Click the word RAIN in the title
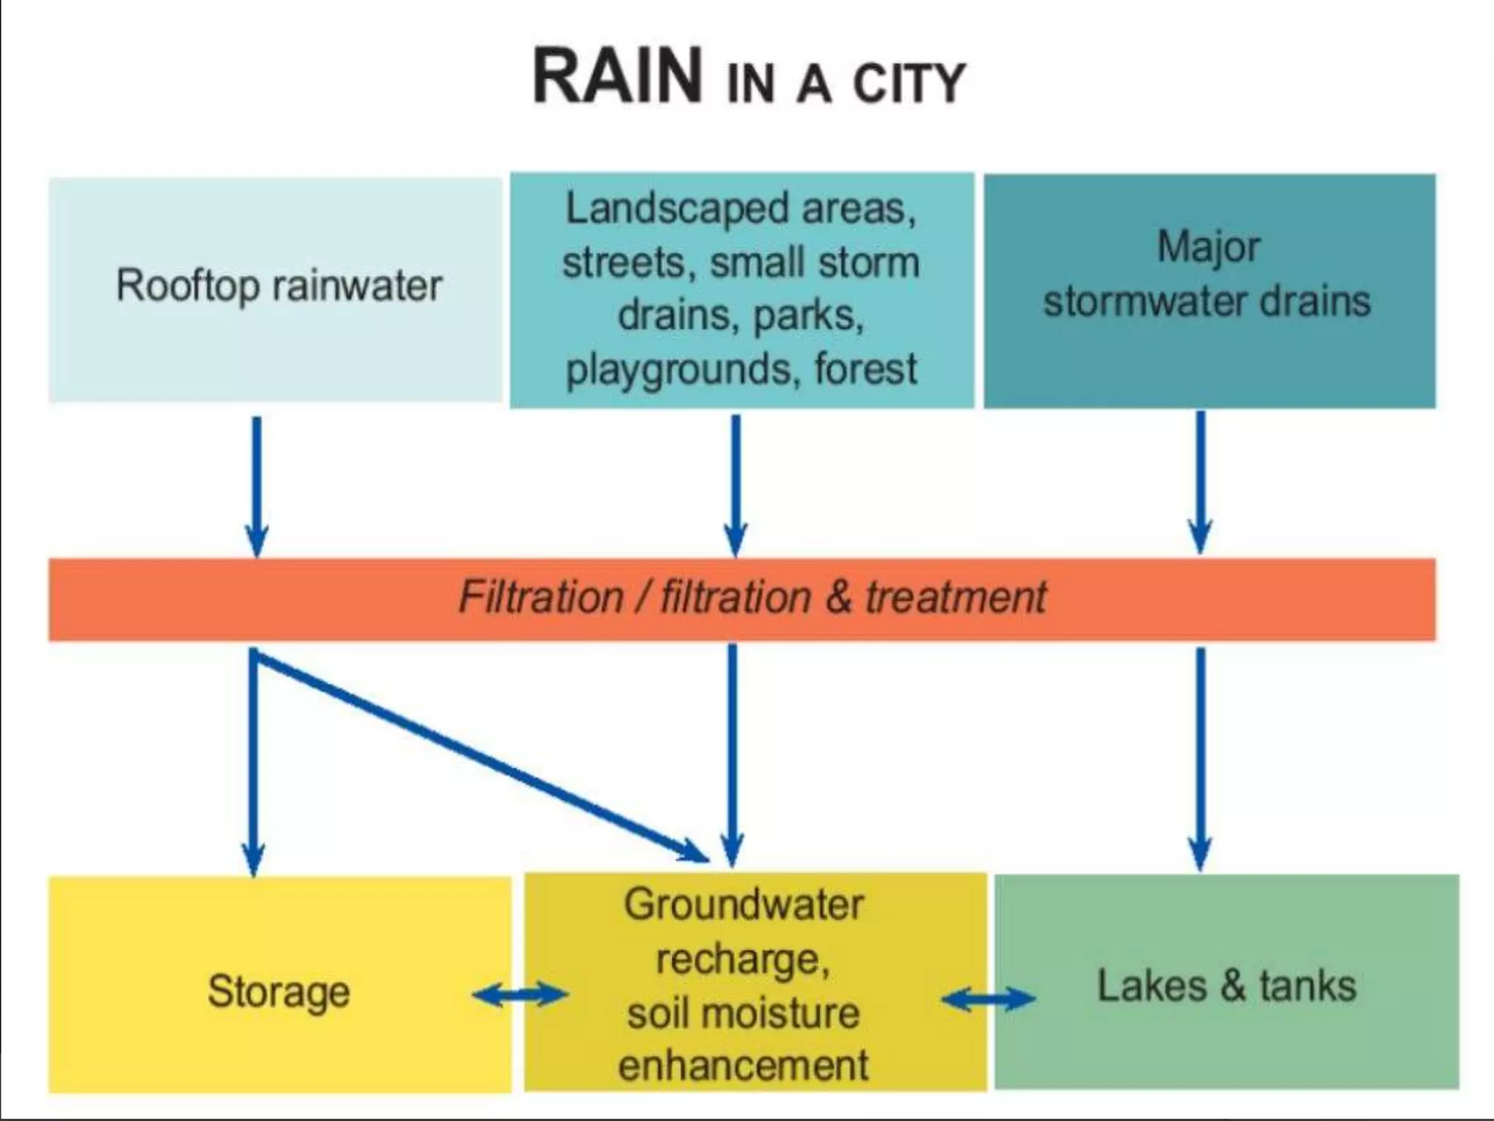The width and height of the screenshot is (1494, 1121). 617,77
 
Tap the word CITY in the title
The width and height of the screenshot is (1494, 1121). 909,84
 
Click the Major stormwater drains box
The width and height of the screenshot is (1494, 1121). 1209,290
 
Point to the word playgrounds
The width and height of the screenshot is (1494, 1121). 678,369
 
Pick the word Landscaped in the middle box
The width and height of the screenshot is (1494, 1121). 676,208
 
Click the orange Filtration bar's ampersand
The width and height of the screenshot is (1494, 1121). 839,598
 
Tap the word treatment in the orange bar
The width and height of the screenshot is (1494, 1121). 956,598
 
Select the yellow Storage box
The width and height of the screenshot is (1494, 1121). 279,990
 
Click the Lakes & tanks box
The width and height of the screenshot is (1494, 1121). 1226,986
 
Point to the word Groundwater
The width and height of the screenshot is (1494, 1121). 743,904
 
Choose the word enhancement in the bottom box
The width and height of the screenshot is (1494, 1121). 743,1065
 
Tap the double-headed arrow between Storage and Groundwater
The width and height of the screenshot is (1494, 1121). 519,994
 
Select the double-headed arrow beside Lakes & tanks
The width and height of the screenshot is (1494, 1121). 988,998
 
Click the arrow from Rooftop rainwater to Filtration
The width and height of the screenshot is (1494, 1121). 257,485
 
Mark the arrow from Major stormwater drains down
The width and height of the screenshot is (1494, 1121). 1201,482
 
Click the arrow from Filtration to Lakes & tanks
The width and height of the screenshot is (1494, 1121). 1201,759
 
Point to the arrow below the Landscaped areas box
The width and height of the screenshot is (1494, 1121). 735,485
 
